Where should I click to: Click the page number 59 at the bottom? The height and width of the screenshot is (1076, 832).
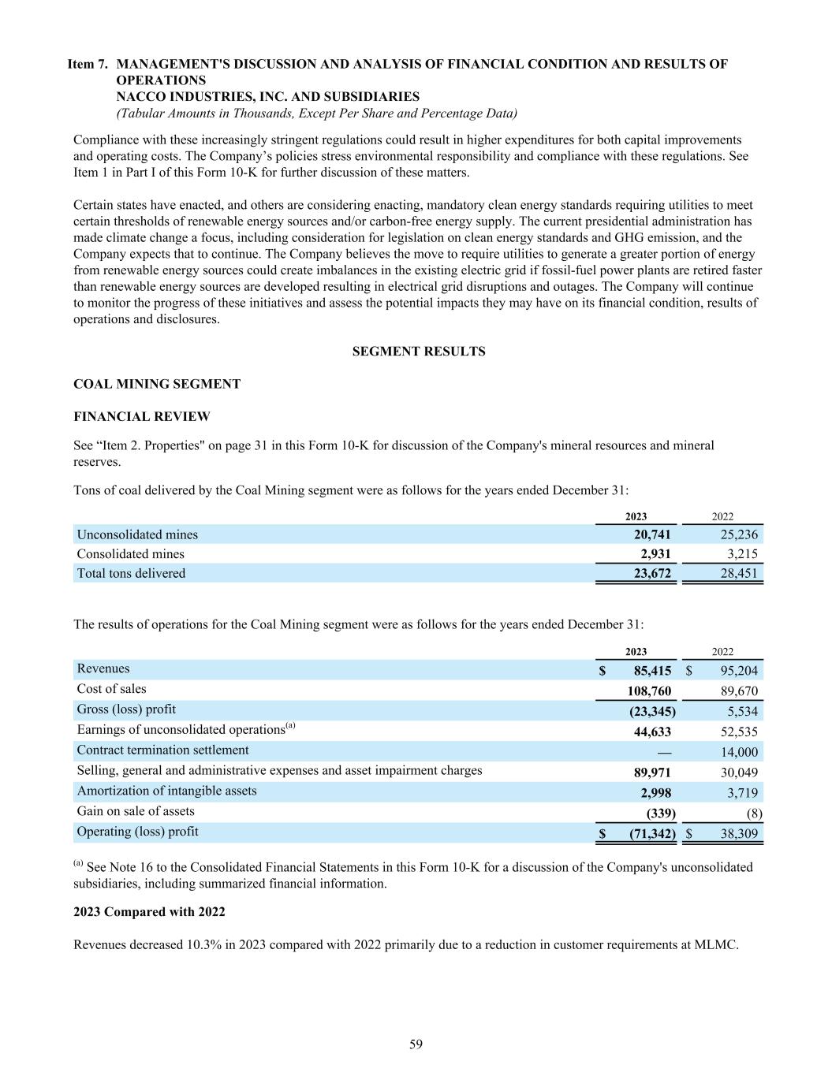click(x=416, y=1044)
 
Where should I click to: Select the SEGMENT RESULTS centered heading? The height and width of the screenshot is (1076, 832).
click(x=418, y=352)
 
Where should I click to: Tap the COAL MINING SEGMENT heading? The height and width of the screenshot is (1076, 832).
click(x=156, y=384)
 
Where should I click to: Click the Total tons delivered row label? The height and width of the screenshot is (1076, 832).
click(x=131, y=573)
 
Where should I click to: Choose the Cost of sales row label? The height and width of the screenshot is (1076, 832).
click(x=111, y=689)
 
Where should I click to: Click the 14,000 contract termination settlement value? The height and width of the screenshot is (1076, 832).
click(x=739, y=752)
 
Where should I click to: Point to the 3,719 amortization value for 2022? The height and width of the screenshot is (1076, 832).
click(x=741, y=793)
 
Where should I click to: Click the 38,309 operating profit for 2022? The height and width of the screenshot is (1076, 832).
click(x=739, y=833)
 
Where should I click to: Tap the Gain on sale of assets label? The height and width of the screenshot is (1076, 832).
click(x=136, y=811)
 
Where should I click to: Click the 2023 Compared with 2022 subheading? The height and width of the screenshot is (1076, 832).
click(x=149, y=911)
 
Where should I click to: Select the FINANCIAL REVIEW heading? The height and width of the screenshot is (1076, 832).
click(x=142, y=416)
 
